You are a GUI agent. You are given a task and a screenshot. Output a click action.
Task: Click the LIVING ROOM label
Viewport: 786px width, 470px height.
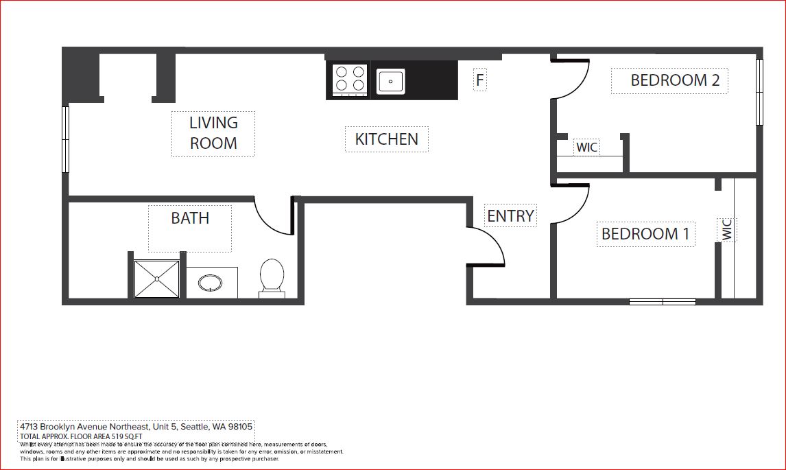point(213,133)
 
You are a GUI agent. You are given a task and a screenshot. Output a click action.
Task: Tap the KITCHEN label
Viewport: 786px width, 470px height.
point(386,139)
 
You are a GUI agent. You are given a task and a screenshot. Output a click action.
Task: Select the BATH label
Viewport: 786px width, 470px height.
point(190,218)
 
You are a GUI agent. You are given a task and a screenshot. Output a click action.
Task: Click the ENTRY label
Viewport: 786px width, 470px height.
point(510,216)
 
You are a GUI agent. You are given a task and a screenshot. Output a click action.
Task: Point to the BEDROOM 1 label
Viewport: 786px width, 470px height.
point(645,234)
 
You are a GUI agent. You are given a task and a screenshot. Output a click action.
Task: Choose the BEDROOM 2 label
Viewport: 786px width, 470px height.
point(675,80)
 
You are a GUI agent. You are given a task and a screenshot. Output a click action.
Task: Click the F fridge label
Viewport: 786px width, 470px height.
point(480,80)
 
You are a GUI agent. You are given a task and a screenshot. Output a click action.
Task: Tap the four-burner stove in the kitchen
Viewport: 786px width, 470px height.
point(349,79)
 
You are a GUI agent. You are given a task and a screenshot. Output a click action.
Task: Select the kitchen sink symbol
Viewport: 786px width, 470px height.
point(391,81)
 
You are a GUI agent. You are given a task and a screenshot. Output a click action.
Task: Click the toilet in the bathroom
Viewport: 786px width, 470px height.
point(272,277)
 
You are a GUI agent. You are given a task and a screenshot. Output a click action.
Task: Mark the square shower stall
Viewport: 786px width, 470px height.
point(157,279)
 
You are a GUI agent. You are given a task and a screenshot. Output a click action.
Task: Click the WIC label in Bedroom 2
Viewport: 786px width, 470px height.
point(586,148)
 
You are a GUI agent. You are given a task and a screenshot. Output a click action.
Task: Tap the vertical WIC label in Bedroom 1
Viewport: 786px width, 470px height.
point(727,229)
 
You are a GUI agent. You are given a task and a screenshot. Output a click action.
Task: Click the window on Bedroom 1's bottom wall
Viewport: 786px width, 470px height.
point(663,301)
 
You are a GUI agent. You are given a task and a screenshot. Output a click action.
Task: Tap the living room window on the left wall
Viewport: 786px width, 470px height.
point(66,139)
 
